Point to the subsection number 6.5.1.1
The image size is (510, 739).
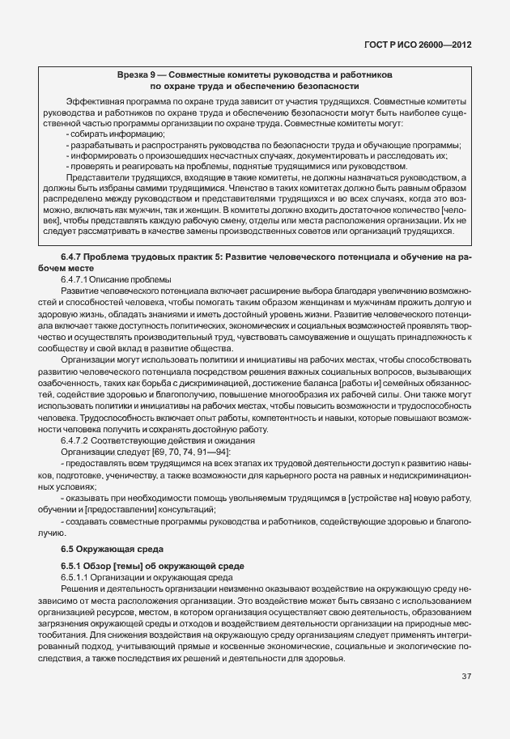pos(77,575)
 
